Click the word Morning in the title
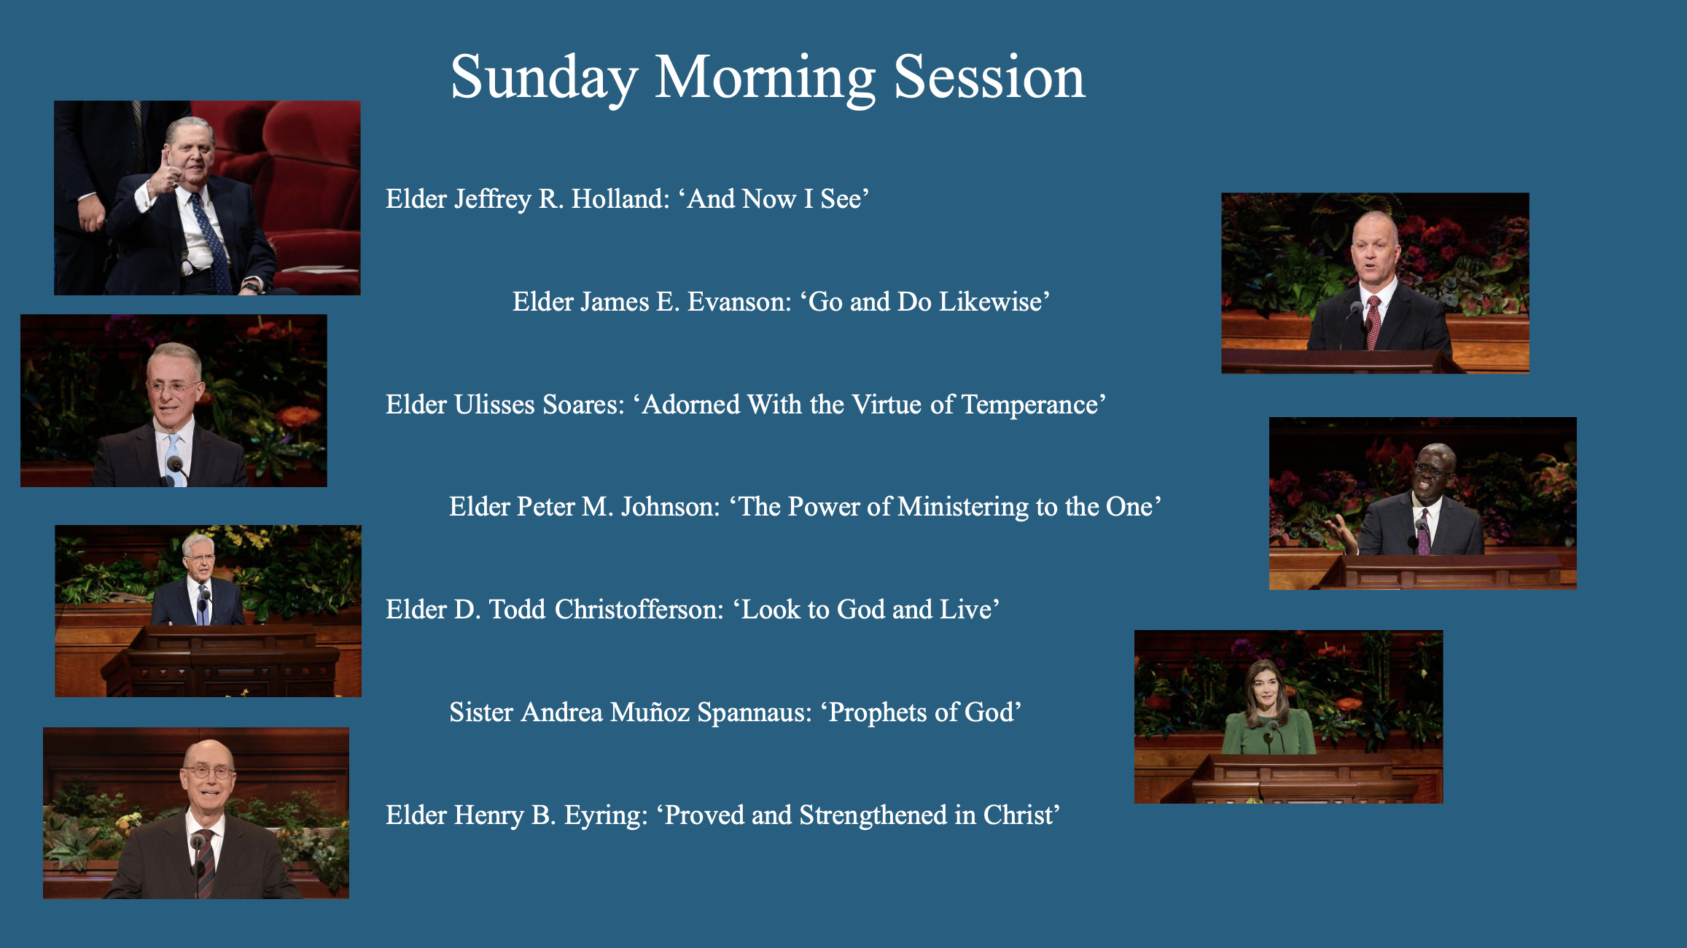[765, 78]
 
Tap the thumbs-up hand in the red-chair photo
[165, 172]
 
